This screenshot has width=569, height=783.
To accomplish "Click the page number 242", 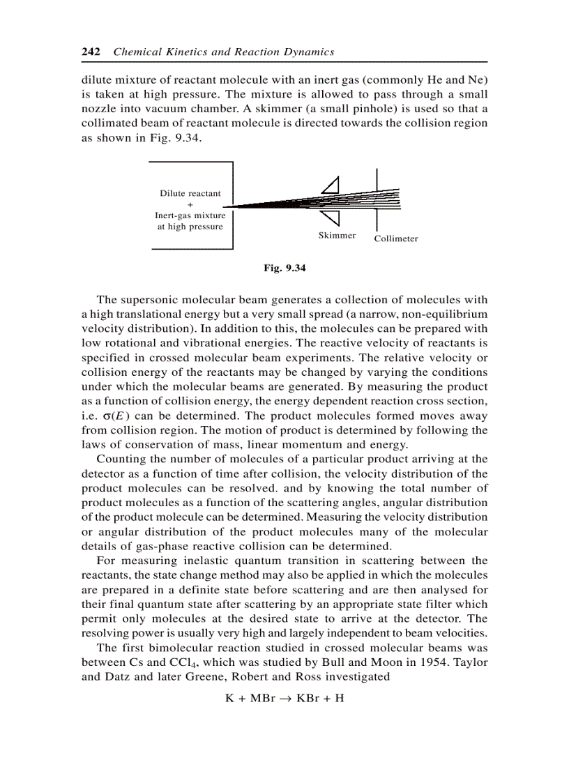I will pos(91,52).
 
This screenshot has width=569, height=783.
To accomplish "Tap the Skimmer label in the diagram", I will pos(337,236).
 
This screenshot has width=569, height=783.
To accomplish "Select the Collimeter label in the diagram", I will pos(395,239).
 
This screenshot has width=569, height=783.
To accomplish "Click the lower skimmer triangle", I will pos(331,218).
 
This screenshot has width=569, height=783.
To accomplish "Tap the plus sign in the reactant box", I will pos(190,205).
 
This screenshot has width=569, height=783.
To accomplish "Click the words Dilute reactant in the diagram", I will pos(190,194).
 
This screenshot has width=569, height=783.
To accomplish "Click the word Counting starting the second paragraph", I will pos(119,459).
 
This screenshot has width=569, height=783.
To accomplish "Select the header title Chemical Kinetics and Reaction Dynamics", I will pos(223,52).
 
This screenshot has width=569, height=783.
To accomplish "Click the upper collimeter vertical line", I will pos(377,178).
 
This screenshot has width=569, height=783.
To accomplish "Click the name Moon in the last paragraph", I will pos(367,662).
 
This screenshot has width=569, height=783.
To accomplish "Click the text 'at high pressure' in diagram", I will pos(190,227).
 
